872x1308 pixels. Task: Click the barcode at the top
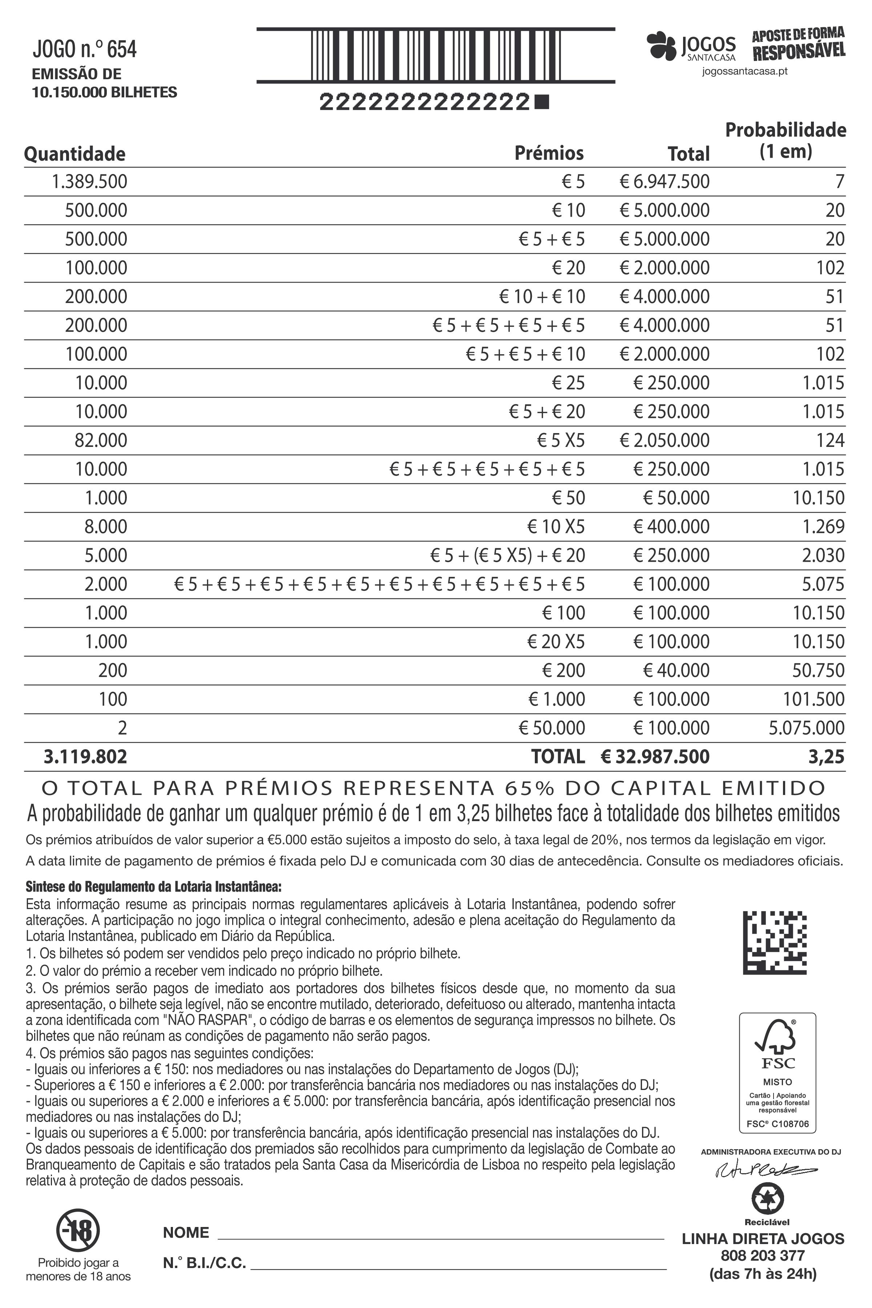[435, 55]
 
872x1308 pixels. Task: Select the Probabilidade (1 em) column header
[785, 140]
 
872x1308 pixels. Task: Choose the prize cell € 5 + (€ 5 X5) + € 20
[507, 556]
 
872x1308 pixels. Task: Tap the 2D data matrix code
[775, 942]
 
